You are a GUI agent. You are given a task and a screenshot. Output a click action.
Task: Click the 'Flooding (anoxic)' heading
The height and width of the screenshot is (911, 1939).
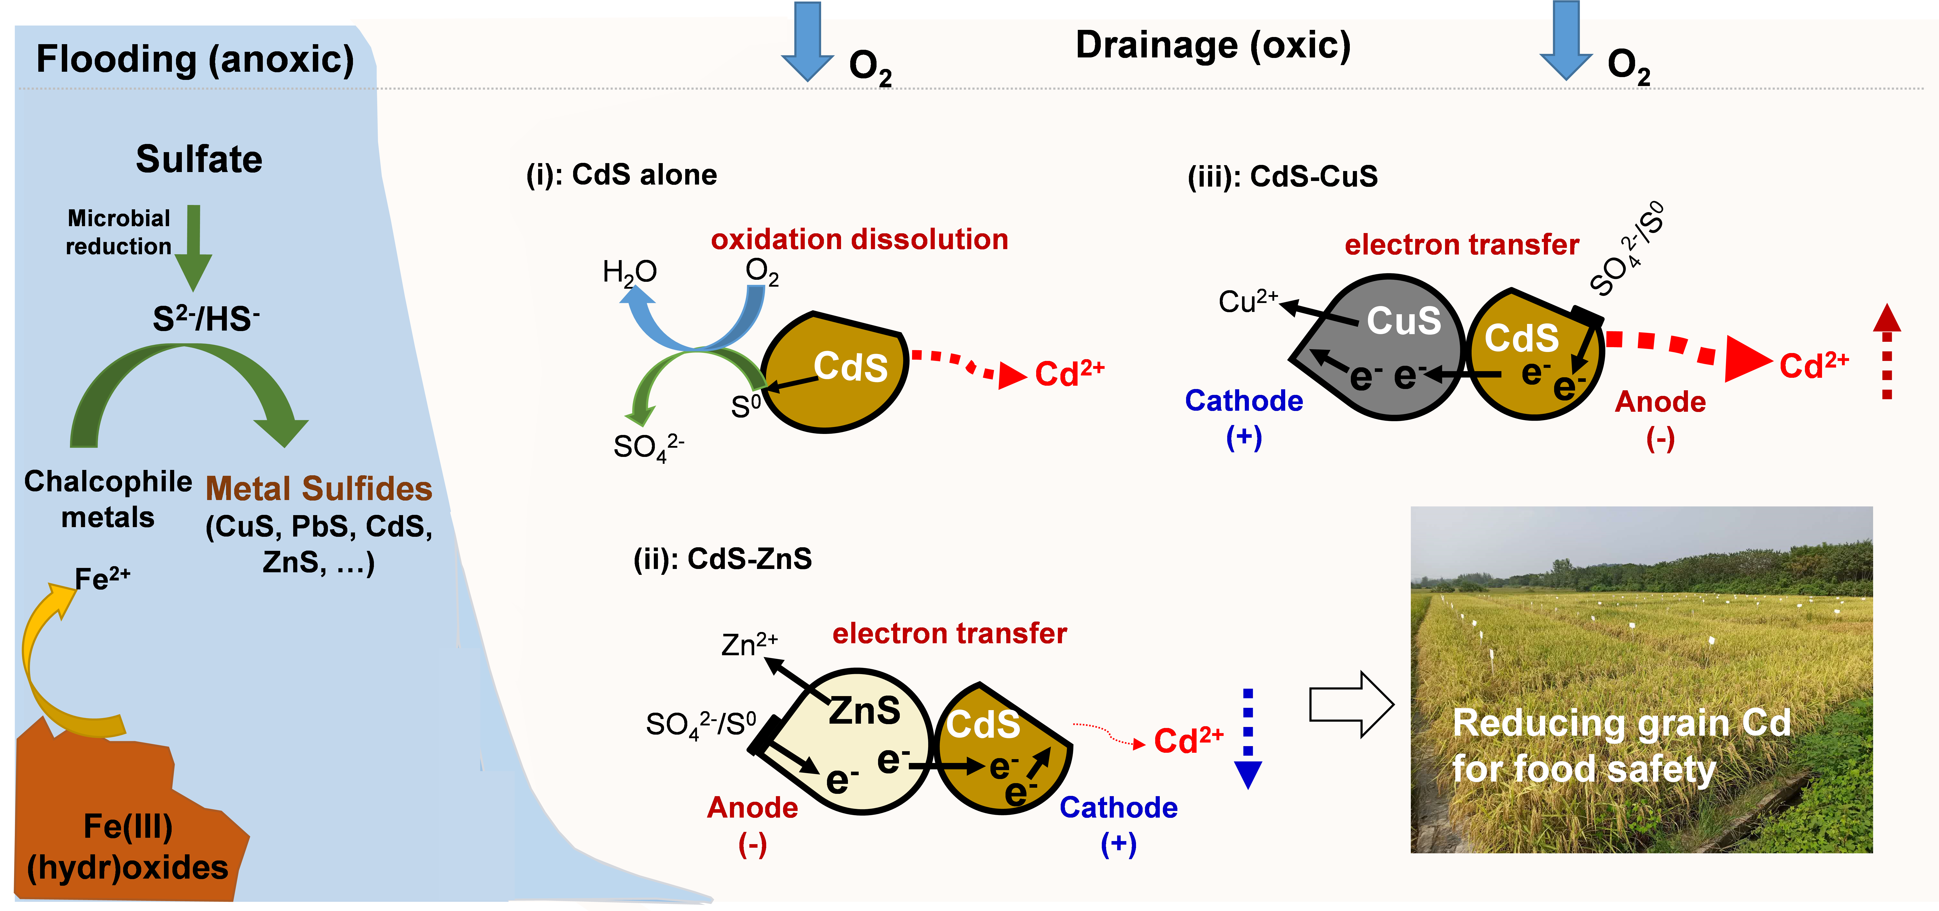coord(195,59)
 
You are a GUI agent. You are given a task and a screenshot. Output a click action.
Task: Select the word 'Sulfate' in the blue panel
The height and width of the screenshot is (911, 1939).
coord(199,160)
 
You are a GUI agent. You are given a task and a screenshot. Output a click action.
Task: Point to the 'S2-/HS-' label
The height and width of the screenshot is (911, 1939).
coord(206,319)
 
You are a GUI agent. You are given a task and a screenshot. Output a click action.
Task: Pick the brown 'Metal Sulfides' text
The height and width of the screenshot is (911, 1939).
coord(318,489)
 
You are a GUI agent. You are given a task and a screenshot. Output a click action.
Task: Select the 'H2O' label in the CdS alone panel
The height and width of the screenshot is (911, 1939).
coord(629,272)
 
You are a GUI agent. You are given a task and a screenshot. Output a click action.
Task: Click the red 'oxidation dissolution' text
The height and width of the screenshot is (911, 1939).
coord(859,239)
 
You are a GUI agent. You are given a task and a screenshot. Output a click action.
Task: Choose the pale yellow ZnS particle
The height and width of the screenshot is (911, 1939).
coord(866,745)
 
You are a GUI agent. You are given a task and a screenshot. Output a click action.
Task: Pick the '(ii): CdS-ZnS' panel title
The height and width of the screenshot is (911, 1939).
coord(723,559)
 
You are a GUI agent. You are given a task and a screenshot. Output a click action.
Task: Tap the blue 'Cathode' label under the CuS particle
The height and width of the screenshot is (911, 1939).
coord(1244,401)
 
